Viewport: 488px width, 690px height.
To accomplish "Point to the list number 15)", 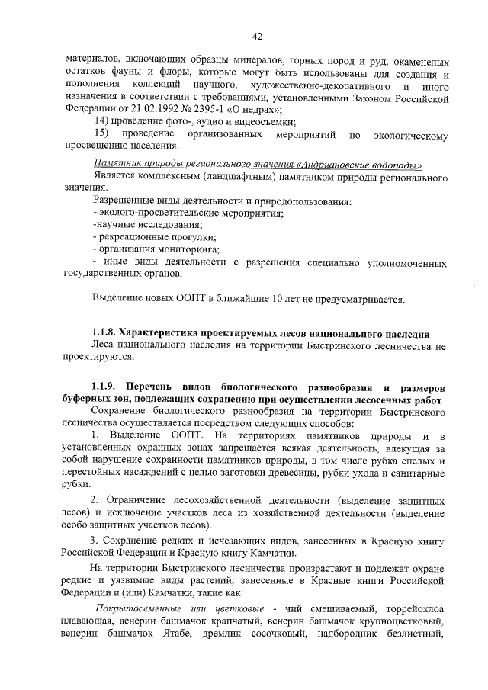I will (100, 133).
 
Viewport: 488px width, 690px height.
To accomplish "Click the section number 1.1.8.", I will (105, 334).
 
